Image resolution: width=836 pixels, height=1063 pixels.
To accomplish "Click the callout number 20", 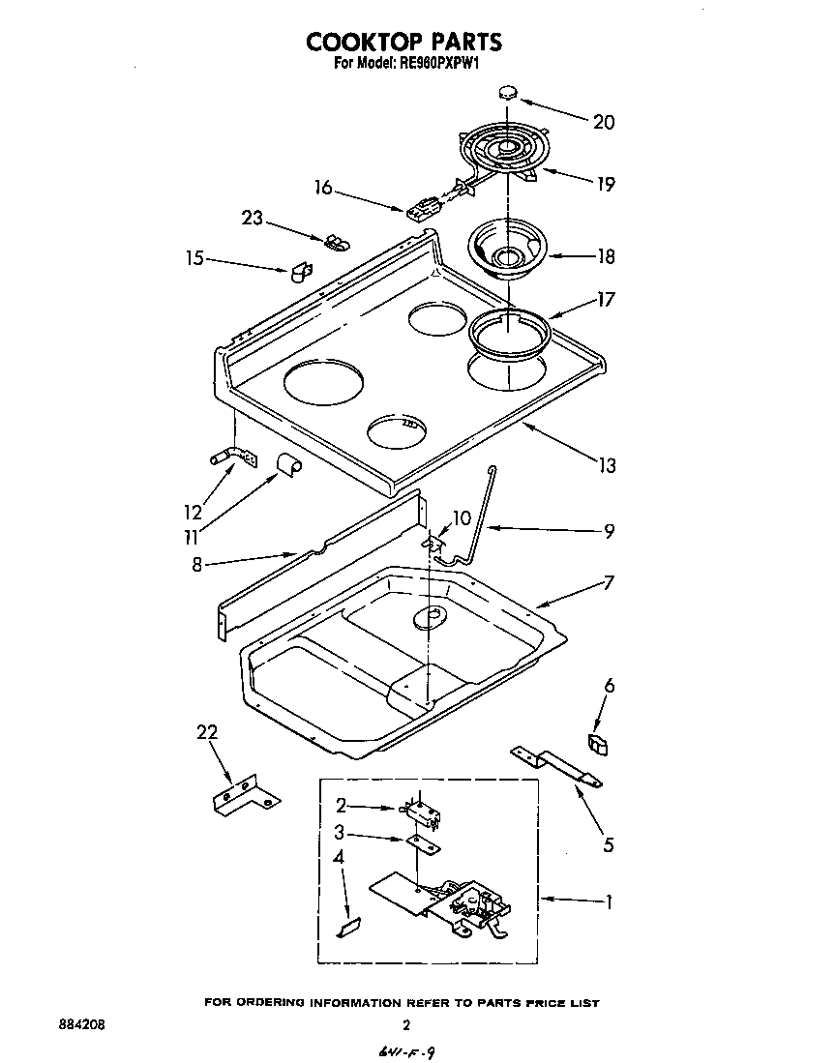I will pos(604,122).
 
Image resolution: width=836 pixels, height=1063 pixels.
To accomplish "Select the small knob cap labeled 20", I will pos(507,92).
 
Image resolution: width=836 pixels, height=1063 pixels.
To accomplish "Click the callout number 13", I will pos(606,465).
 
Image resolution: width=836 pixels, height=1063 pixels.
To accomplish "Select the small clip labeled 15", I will pos(300,270).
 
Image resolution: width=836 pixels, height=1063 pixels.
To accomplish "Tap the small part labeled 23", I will pos(335,240).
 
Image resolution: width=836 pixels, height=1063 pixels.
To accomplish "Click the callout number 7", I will pos(609,583).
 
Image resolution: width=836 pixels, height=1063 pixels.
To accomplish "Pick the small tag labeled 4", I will pos(346,929).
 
